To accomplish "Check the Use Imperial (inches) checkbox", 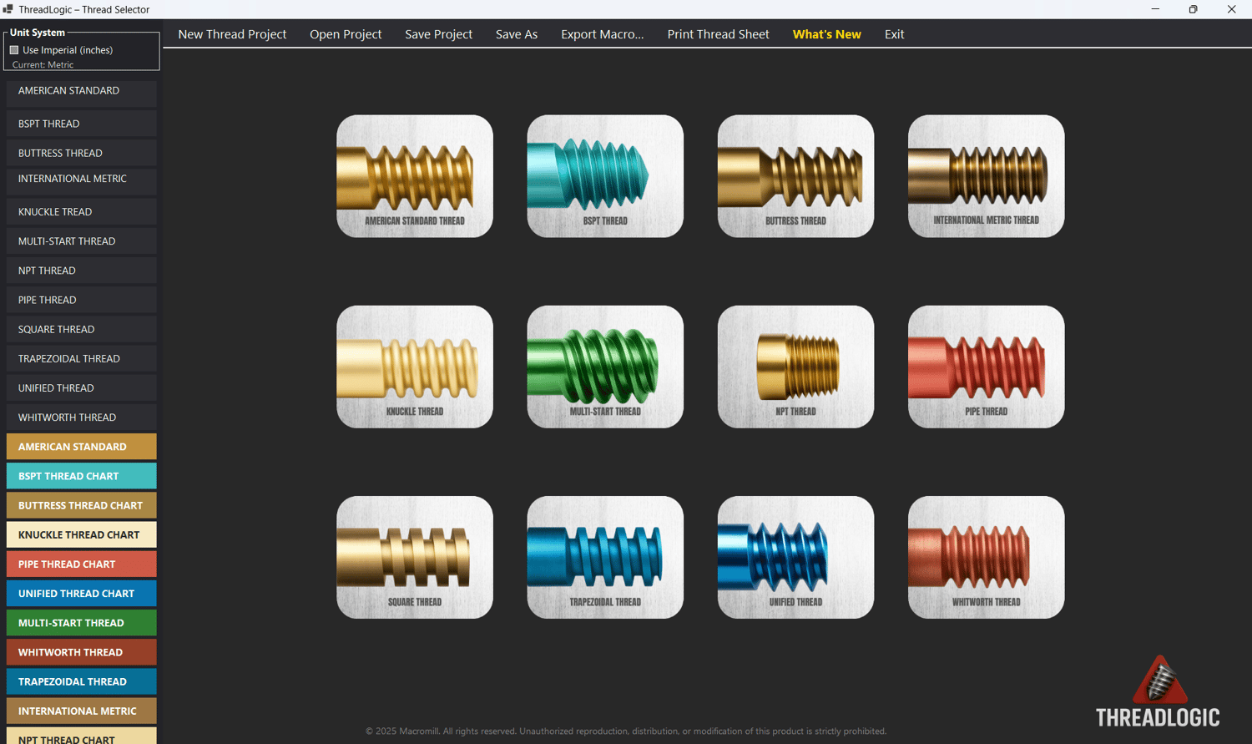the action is [x=14, y=50].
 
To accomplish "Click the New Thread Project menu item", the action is [x=232, y=34].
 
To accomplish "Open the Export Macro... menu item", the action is [x=602, y=34].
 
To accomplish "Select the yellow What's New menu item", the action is [x=826, y=34].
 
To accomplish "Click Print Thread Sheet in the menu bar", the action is [x=718, y=34].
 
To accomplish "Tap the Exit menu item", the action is [x=894, y=34].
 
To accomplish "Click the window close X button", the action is [x=1231, y=9].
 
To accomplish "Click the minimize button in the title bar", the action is [x=1155, y=9].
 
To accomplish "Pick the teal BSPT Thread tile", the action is [x=605, y=176].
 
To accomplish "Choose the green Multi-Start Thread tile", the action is [x=605, y=367].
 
